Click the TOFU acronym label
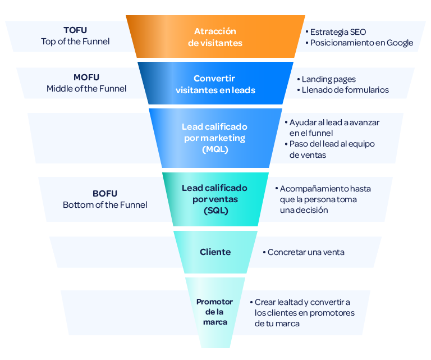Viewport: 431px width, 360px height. [75, 30]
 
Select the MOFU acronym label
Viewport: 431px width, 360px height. [86, 78]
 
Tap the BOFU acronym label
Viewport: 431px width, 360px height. [105, 194]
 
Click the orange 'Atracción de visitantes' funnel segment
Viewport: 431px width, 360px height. [215, 37]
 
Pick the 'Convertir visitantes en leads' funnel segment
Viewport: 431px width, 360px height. [215, 84]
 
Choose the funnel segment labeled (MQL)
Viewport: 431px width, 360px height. [214, 138]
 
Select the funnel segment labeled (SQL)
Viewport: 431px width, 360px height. [214, 199]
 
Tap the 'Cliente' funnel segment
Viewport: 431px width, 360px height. [215, 252]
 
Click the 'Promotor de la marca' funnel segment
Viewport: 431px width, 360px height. [215, 312]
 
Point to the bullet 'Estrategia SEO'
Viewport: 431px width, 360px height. [335, 32]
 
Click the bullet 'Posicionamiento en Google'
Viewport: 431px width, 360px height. [359, 43]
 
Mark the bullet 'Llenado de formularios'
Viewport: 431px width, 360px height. [345, 90]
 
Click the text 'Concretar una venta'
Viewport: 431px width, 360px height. [306, 252]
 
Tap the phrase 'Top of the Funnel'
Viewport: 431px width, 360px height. [75, 42]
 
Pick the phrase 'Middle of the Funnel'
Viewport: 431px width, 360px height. [86, 89]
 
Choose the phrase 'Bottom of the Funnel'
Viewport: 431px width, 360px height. [105, 205]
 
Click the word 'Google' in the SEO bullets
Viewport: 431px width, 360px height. [400, 43]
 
